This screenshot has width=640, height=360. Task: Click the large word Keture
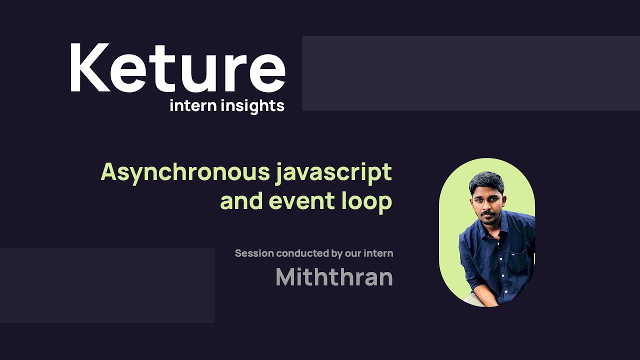(x=177, y=68)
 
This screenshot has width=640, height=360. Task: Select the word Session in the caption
(x=254, y=253)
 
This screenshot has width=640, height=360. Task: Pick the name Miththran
(x=334, y=277)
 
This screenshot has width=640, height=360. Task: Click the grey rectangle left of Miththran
(x=107, y=285)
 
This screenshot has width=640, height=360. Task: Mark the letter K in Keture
(x=89, y=68)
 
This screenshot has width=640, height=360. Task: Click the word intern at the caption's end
(x=378, y=253)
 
